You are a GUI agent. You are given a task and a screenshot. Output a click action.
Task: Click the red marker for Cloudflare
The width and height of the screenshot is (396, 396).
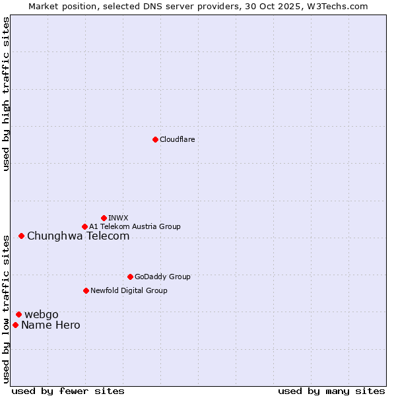[155, 139]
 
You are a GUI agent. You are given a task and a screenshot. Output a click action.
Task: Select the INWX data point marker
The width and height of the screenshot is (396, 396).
[104, 218]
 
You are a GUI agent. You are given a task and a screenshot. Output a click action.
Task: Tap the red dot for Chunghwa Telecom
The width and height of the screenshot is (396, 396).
[21, 236]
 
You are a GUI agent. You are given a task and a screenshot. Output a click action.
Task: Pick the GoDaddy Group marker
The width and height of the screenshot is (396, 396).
[130, 277]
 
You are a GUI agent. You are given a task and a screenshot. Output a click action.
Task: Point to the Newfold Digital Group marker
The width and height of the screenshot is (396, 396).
[86, 290]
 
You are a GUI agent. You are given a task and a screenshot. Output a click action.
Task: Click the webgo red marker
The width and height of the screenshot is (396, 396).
[18, 314]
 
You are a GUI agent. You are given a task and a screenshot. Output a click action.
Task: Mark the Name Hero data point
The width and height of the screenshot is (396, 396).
[15, 325]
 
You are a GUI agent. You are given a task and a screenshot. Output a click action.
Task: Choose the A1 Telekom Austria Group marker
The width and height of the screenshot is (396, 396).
[84, 226]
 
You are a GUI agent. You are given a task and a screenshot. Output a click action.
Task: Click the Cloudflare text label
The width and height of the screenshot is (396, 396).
[177, 139]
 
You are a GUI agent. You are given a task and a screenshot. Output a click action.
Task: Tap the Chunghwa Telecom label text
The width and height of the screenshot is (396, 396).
[78, 236]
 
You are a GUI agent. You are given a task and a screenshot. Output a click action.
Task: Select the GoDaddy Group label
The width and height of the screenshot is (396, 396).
[162, 277]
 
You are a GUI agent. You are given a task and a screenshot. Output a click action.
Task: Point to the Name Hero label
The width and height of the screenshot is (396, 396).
[50, 325]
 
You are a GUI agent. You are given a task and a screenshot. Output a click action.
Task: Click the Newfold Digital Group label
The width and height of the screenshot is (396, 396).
[129, 290]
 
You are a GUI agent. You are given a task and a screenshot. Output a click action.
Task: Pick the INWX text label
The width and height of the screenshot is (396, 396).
[118, 218]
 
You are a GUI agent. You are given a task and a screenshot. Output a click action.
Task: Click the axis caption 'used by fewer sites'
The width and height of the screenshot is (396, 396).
[68, 391]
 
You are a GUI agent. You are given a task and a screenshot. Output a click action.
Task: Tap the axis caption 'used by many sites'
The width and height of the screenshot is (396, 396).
[331, 391]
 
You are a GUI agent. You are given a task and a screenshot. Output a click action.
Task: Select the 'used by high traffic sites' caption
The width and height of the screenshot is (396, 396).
[6, 94]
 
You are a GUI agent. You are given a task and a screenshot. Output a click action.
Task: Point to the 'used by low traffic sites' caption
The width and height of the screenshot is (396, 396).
[6, 308]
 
